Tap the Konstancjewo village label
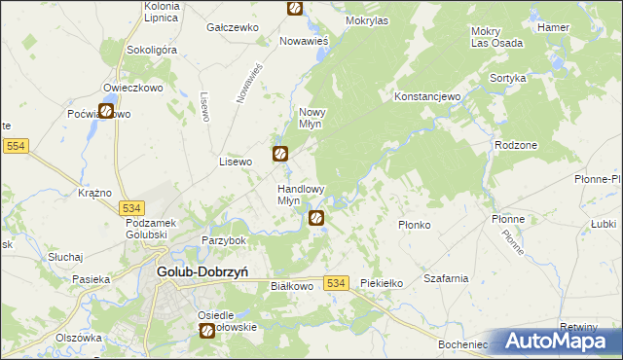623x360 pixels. point(426,98)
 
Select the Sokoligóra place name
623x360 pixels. point(150,50)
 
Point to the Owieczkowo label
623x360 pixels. point(130,87)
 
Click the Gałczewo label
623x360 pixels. point(231,28)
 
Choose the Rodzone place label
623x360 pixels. point(516,144)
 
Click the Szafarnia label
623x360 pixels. point(446,278)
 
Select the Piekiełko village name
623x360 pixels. point(381,283)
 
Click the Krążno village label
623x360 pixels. point(95,193)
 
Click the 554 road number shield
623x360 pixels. point(16,146)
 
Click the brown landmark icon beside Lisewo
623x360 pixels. point(279,153)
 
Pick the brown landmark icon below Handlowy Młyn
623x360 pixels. point(316,219)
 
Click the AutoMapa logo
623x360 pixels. point(561,342)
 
